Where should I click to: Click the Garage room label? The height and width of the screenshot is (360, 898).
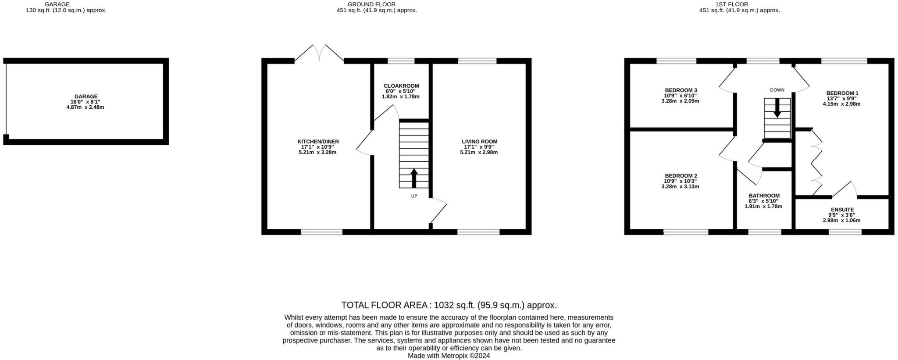click(86, 96)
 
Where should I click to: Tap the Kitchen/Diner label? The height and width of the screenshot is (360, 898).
click(318, 142)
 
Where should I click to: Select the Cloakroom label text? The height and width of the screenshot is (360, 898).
click(401, 86)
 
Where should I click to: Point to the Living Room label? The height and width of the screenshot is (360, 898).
click(479, 142)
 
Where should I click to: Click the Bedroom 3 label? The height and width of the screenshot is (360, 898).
click(681, 90)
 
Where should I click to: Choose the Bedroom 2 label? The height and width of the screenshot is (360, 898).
click(681, 176)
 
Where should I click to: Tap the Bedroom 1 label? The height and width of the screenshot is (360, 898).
click(842, 93)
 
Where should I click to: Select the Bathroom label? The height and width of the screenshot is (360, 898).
click(764, 196)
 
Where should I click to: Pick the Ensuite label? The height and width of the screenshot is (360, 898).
click(842, 210)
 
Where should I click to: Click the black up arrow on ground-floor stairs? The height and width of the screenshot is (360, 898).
click(414, 178)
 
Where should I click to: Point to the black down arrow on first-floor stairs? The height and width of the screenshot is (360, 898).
click(777, 108)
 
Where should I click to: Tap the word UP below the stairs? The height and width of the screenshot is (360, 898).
click(414, 196)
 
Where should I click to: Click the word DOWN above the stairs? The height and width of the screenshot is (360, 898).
click(777, 90)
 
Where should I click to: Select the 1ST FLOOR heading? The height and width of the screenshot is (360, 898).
click(739, 4)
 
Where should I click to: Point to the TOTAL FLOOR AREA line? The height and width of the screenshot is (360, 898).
click(449, 305)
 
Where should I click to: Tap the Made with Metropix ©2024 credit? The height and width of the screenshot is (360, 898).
click(449, 356)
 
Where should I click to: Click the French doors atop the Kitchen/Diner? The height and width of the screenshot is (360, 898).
click(319, 53)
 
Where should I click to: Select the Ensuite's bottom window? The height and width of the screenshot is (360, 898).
click(845, 232)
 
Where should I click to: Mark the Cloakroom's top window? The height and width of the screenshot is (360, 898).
click(401, 61)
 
